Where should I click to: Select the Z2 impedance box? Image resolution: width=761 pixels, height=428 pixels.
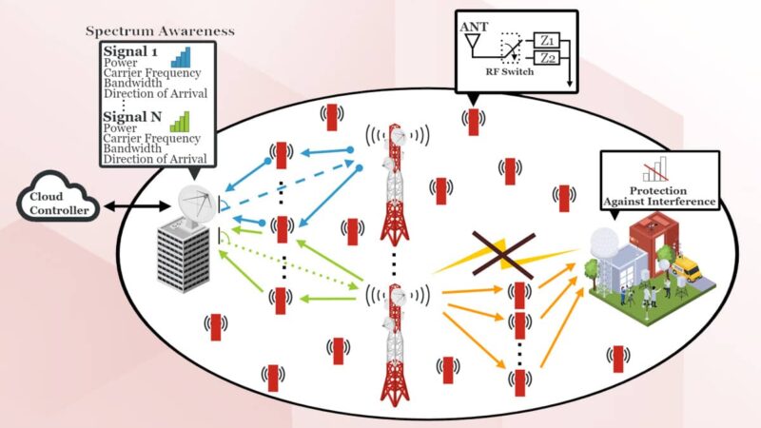coord(546,58)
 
